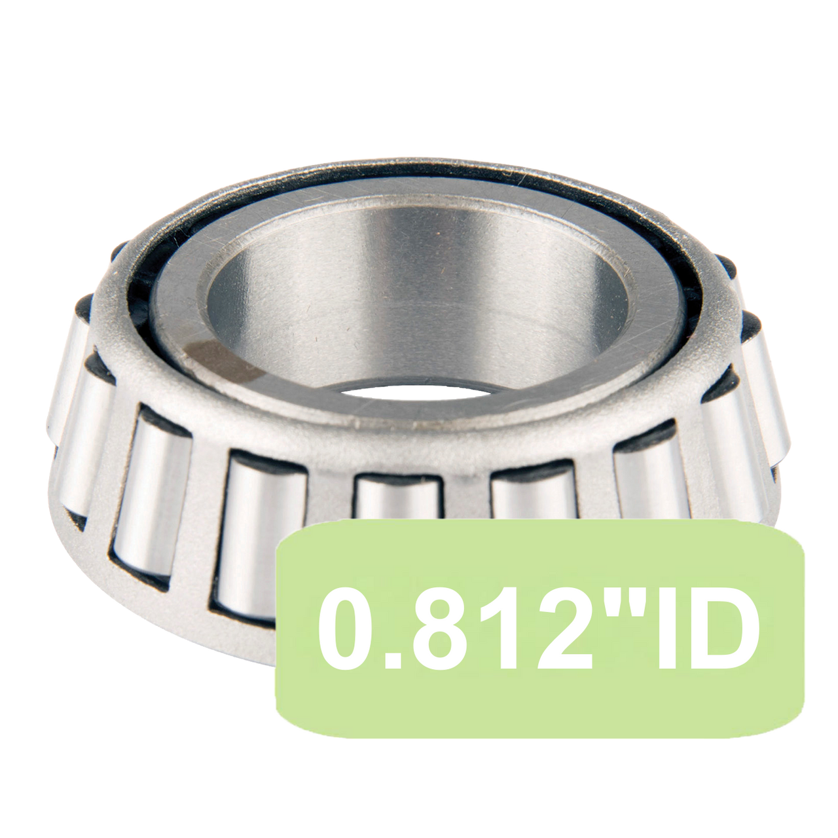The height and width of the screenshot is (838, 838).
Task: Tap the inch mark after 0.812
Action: (x=598, y=606)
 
